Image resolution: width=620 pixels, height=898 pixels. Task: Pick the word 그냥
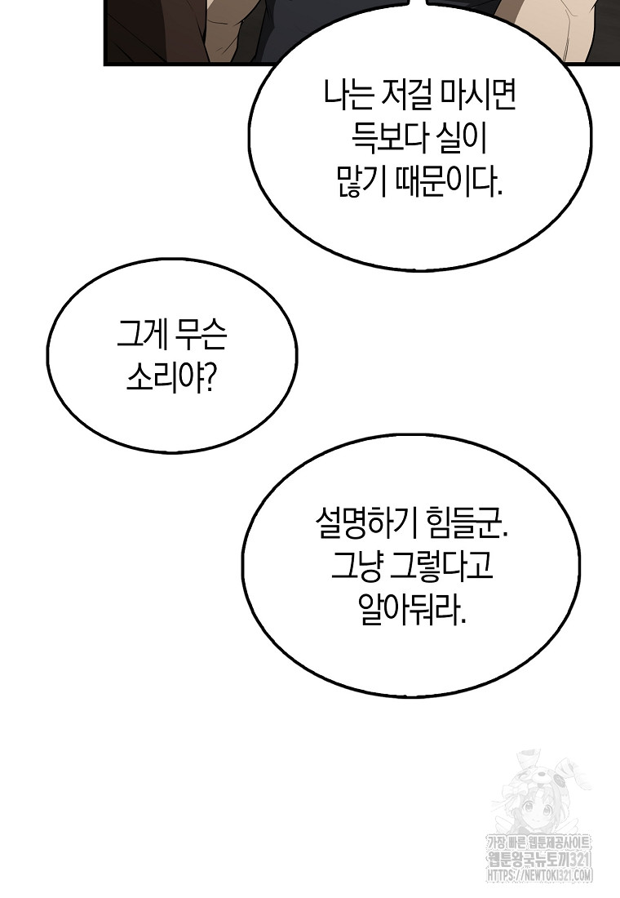pos(356,568)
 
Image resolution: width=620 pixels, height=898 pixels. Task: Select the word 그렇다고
pos(441,568)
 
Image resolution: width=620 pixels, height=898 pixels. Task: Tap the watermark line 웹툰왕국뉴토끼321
pos(538,875)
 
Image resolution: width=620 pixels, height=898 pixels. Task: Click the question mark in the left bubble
pos(210,379)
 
